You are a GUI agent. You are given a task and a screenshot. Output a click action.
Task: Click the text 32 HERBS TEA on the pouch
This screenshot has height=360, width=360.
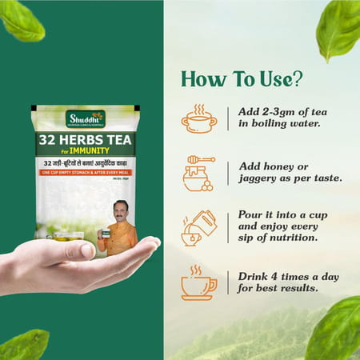(x=84, y=138)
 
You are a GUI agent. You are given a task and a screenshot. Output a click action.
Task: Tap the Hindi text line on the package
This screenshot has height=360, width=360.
(x=84, y=162)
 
